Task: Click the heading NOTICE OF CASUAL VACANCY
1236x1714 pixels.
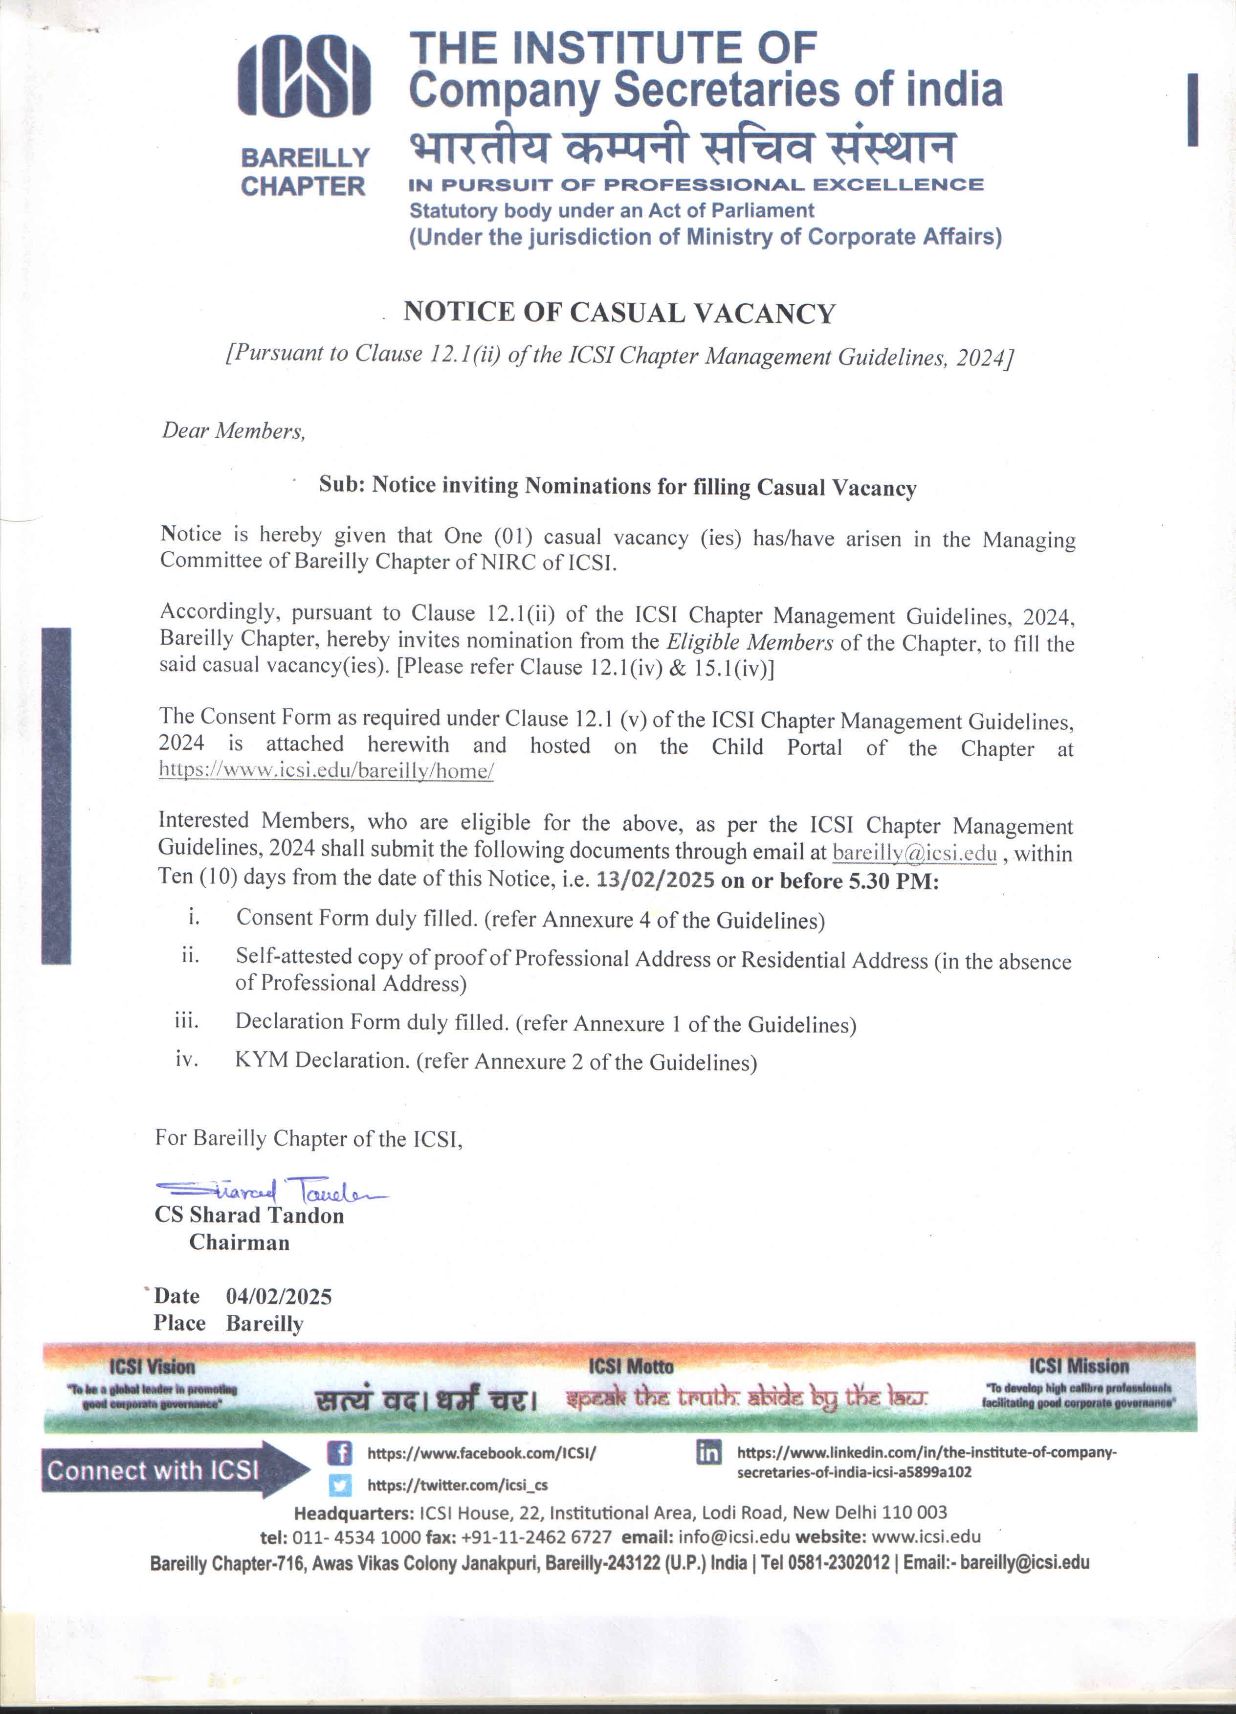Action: click(x=619, y=312)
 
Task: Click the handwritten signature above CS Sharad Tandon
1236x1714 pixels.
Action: click(x=270, y=1192)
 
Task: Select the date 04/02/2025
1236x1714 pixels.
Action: click(x=279, y=1296)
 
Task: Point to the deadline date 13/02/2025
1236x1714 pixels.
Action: click(x=655, y=880)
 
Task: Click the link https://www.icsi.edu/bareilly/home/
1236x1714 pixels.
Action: click(x=326, y=771)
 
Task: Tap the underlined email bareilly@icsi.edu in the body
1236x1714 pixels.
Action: click(x=914, y=853)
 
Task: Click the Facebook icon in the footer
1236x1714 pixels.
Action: click(x=340, y=1452)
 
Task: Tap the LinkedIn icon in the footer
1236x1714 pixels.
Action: click(x=708, y=1452)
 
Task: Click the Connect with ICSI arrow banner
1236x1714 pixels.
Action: click(x=166, y=1470)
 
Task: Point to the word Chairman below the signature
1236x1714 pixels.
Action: click(x=240, y=1242)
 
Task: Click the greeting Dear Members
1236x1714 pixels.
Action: click(x=233, y=431)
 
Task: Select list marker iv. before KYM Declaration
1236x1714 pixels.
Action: click(x=187, y=1059)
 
